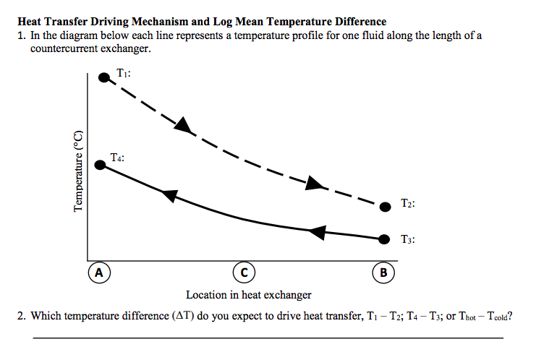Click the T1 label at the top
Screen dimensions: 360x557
[123, 73]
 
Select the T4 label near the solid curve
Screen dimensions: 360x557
[118, 156]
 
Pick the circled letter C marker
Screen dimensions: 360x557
[244, 273]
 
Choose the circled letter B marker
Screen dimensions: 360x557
[383, 273]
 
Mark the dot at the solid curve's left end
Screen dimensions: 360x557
[101, 166]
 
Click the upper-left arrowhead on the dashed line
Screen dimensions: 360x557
[184, 125]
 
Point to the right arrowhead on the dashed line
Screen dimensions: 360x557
[313, 183]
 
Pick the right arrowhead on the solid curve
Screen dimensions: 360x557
[317, 232]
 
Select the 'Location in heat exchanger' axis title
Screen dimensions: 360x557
[249, 295]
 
